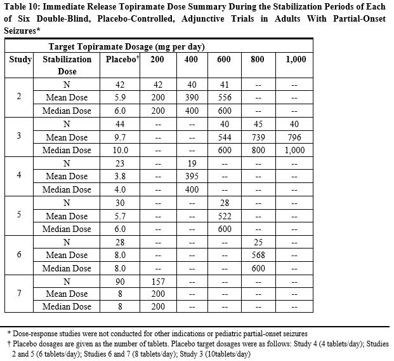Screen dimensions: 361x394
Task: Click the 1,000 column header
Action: [x=295, y=59]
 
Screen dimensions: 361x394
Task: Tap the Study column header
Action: [x=20, y=59]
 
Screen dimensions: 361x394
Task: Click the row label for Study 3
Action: [x=19, y=137]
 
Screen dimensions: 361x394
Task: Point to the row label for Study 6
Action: [x=19, y=254]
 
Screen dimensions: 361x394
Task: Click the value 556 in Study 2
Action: [x=225, y=97]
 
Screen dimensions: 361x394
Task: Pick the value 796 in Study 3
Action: [x=295, y=137]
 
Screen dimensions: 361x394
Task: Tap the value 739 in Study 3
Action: [x=258, y=137]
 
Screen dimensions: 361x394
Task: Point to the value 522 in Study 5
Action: [x=225, y=215]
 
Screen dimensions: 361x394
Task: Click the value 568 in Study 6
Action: [x=258, y=255]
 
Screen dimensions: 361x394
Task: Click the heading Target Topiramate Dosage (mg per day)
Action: [x=126, y=47]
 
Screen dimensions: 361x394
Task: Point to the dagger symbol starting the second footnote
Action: [x=9, y=343]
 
